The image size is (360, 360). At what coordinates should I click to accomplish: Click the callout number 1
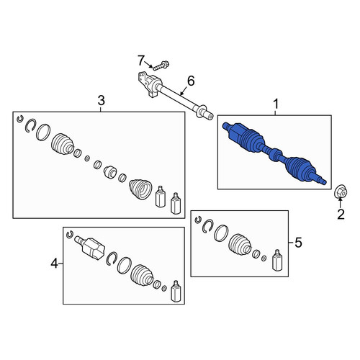pyautogui.click(x=276, y=104)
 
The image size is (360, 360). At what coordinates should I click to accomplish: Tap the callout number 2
pyautogui.click(x=341, y=214)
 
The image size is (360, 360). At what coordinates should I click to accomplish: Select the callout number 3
pyautogui.click(x=102, y=100)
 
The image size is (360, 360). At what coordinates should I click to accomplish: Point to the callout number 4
pyautogui.click(x=55, y=264)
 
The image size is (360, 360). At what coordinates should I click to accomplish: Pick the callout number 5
pyautogui.click(x=298, y=243)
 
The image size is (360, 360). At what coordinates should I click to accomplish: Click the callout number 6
pyautogui.click(x=191, y=81)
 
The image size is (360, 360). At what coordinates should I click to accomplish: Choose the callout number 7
pyautogui.click(x=141, y=60)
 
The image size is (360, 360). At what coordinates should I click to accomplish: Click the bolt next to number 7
pyautogui.click(x=161, y=66)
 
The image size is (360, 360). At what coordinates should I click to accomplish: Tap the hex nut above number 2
pyautogui.click(x=341, y=192)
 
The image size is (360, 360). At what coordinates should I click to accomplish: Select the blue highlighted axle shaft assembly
pyautogui.click(x=274, y=153)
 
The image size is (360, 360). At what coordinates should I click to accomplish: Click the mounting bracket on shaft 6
pyautogui.click(x=149, y=84)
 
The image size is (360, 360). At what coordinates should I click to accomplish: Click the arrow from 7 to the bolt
pyautogui.click(x=148, y=65)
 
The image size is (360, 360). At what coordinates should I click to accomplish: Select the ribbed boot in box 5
pyautogui.click(x=240, y=244)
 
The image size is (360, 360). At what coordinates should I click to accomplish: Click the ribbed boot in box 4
pyautogui.click(x=142, y=276)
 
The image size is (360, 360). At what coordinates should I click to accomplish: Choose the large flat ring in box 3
pyautogui.click(x=43, y=132)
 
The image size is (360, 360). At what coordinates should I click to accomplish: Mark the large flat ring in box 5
pyautogui.click(x=221, y=233)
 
